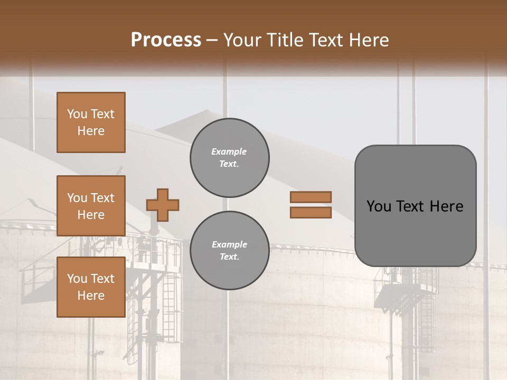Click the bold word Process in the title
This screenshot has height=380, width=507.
(x=166, y=40)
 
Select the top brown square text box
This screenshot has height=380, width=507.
(x=91, y=122)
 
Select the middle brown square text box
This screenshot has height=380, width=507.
(x=91, y=206)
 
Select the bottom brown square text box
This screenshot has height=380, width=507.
(x=91, y=287)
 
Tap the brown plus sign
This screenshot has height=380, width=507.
(x=163, y=205)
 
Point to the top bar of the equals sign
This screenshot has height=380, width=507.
(x=311, y=197)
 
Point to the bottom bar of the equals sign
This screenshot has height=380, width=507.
(x=311, y=212)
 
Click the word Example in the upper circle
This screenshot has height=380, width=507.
(x=229, y=151)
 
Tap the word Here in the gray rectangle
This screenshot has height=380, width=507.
(x=446, y=206)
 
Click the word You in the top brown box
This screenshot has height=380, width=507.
(x=77, y=114)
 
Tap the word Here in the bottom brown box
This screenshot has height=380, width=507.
(x=91, y=296)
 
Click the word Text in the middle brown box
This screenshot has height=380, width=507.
(x=102, y=198)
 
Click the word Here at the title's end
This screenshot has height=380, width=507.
(x=370, y=40)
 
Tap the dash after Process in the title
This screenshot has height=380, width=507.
(x=212, y=41)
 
